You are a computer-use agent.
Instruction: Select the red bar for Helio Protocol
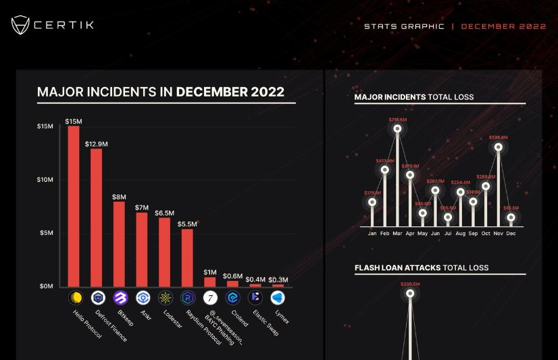74,206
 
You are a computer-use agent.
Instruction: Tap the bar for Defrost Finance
97,217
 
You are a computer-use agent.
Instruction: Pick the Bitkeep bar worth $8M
119,244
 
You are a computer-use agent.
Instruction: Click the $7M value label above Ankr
141,207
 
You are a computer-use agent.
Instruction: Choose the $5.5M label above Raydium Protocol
187,224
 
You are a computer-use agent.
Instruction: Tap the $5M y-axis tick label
47,233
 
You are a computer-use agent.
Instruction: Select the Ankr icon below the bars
142,298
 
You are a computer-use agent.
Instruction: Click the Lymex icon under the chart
278,298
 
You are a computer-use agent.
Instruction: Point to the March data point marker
397,128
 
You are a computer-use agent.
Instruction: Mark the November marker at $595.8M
499,147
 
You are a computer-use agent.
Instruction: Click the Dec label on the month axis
511,234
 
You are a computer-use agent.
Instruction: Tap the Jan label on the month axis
372,234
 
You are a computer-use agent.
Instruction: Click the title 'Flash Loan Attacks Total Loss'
421,267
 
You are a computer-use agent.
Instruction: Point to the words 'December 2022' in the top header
503,26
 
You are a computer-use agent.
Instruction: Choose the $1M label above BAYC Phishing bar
210,272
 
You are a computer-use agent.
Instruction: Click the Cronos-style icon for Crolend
232,298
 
